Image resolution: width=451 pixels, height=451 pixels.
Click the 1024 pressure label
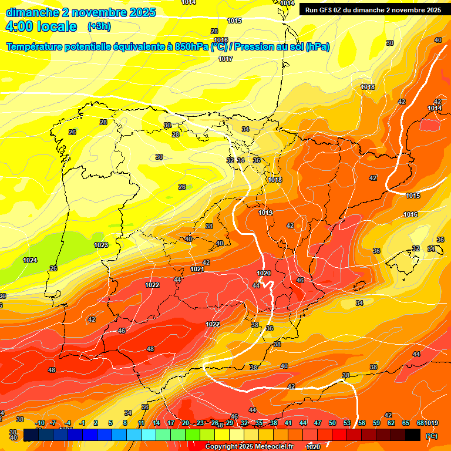(x=29, y=260)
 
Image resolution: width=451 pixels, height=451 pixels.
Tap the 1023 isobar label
(x=101, y=245)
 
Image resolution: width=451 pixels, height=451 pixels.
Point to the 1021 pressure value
(x=197, y=270)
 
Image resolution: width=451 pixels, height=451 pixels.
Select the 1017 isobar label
(x=225, y=59)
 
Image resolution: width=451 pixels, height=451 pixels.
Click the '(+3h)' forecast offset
(x=99, y=26)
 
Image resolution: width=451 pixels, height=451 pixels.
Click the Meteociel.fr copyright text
(x=248, y=447)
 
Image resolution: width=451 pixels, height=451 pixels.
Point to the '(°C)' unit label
(x=431, y=436)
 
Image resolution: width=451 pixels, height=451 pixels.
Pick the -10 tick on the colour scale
(x=40, y=423)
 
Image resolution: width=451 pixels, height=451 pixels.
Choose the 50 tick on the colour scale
(x=332, y=423)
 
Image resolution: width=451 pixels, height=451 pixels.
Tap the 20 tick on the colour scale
(x=186, y=423)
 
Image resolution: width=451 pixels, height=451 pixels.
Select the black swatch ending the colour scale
(x=413, y=435)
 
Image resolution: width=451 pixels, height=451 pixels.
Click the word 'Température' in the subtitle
(x=37, y=47)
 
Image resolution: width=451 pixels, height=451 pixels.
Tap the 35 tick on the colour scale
(x=259, y=423)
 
